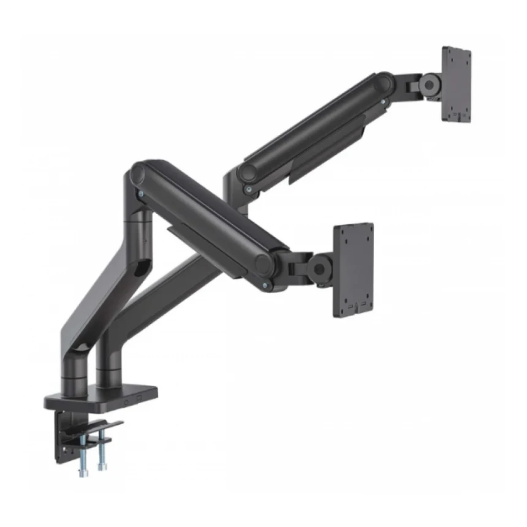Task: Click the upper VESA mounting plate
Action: click(x=456, y=84)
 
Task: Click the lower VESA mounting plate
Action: click(x=353, y=270)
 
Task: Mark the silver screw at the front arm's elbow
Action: click(x=143, y=192)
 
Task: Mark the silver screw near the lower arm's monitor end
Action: click(x=265, y=285)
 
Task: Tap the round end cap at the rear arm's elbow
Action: click(x=247, y=172)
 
